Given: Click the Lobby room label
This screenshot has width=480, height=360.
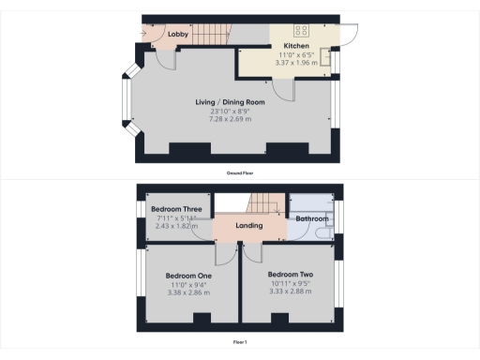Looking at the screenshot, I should click(x=178, y=35).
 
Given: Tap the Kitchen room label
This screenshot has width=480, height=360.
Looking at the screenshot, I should click(x=296, y=45).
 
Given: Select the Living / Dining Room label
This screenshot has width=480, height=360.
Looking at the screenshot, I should click(x=230, y=101).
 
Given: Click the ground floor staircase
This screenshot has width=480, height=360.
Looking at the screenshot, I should click(x=213, y=36).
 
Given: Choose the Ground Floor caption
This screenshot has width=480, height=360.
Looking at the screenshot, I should click(x=240, y=173).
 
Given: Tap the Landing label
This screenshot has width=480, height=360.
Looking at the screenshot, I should click(x=248, y=226).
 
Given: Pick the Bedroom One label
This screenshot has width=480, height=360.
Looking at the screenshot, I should click(x=187, y=276).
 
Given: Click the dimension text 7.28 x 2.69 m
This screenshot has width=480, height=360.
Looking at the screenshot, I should click(x=230, y=119).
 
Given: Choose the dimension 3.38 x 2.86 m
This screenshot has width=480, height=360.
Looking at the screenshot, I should click(x=187, y=292).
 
